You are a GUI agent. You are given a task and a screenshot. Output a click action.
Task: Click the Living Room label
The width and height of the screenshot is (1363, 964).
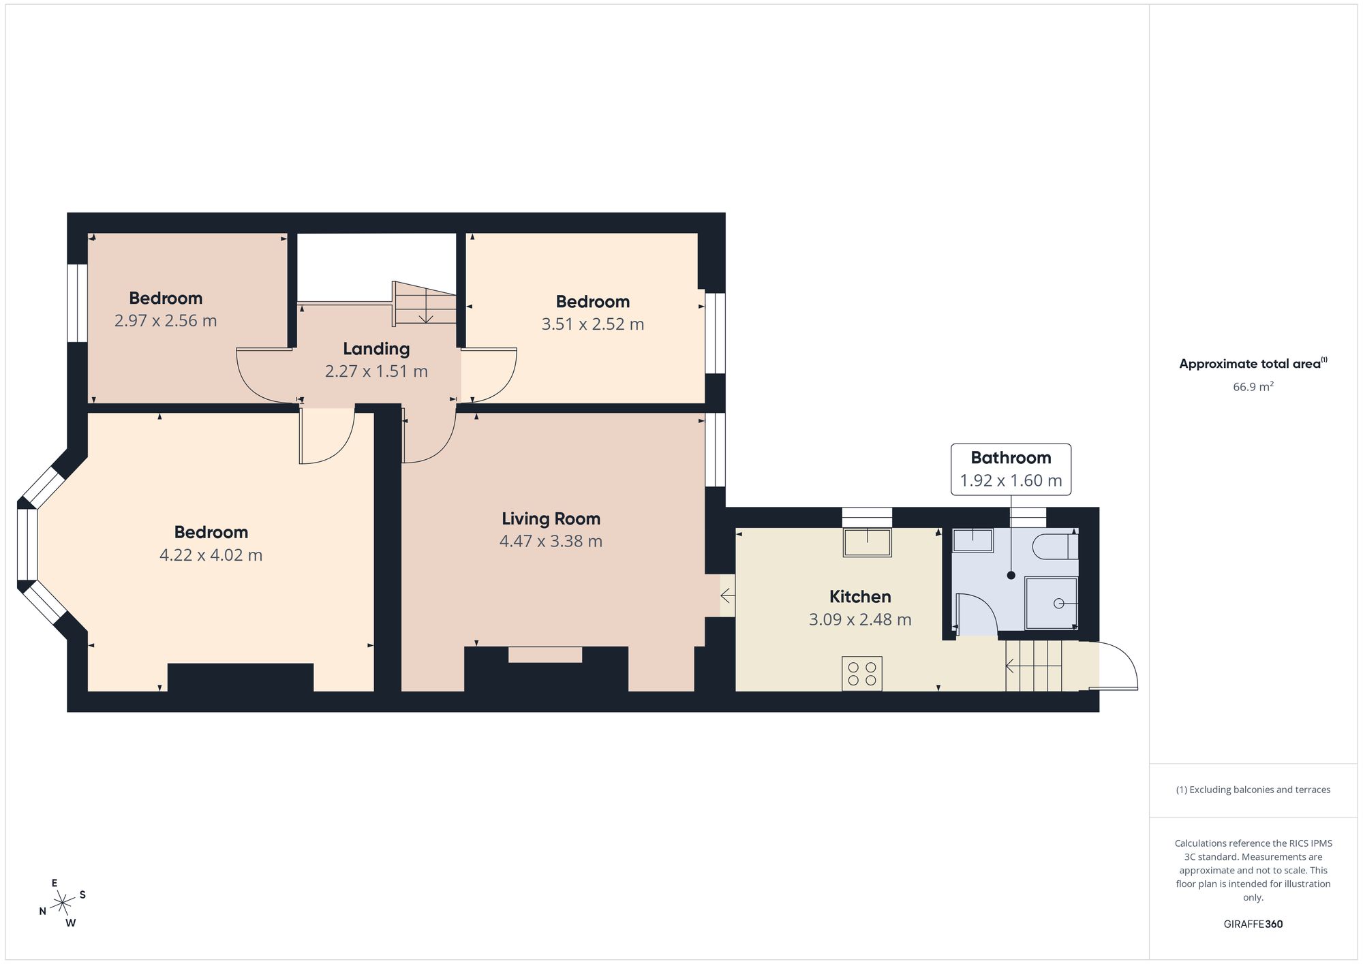pos(551,518)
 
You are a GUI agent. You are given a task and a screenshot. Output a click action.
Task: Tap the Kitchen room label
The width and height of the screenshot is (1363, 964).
pos(860,597)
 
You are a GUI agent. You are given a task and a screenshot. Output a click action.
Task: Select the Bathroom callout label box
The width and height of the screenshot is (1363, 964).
pos(1011,469)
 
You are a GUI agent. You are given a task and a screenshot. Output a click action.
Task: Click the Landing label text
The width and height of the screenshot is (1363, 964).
pos(376,349)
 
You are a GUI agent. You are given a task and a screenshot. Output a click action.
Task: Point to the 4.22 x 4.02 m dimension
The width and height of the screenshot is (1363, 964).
pos(211,555)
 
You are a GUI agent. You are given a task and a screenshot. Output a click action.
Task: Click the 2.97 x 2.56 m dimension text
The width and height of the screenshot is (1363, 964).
pos(166,321)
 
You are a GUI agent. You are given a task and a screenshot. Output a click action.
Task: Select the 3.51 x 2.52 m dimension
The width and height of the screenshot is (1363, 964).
pos(593,324)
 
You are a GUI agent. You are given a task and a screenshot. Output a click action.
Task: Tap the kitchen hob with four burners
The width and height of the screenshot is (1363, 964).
pos(862,673)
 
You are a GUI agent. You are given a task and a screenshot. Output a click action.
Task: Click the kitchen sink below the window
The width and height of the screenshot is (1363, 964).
pos(868,542)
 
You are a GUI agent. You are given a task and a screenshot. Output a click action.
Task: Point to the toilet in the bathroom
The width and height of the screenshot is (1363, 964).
pos(1056,547)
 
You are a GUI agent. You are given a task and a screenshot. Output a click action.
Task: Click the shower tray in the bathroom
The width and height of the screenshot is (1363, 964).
pos(1052,604)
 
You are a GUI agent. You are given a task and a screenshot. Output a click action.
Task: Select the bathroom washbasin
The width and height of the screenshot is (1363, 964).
pos(973,540)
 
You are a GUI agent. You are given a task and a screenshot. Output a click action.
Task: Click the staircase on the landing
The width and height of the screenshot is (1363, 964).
pos(424,303)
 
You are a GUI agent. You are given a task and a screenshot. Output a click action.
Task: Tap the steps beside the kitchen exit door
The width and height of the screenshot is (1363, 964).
pos(1035,666)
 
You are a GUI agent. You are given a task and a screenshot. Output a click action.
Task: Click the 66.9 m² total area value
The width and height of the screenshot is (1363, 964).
pos(1253,386)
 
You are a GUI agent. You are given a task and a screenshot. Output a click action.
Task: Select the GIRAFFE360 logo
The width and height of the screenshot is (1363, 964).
pos(1253,924)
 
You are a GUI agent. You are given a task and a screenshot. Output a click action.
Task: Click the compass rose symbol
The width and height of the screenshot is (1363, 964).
pos(62,903)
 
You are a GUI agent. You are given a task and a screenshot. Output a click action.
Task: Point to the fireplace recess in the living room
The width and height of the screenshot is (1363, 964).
pos(545,655)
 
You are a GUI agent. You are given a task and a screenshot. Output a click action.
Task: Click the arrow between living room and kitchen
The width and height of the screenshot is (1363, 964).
pos(727,596)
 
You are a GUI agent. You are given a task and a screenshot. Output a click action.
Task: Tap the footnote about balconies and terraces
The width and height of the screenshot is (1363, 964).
pos(1253,790)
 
